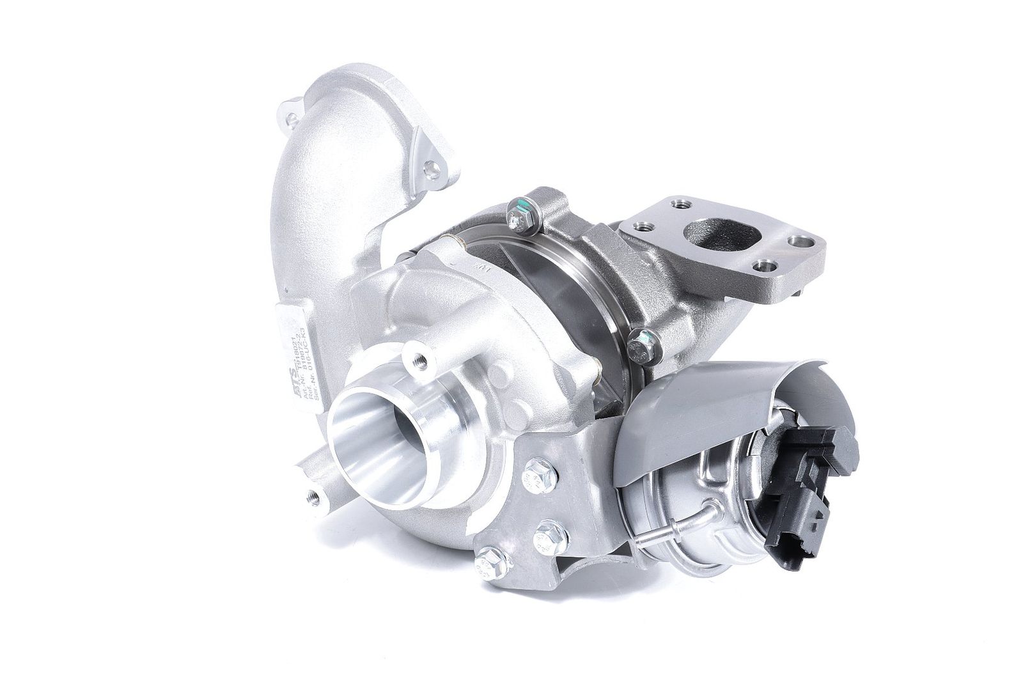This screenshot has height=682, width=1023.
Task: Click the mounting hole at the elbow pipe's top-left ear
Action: coord(292,118)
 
